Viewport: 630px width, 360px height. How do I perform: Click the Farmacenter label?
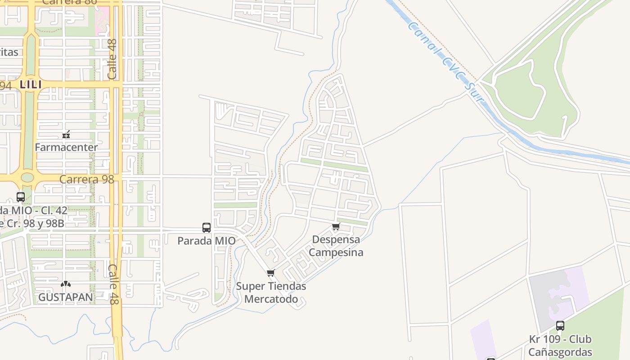(66, 147)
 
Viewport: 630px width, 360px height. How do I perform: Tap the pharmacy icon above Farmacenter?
(66, 135)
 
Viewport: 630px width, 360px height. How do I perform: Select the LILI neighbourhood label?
(31, 84)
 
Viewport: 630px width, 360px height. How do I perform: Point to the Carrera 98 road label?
(87, 179)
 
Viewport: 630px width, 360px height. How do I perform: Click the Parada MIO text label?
(206, 241)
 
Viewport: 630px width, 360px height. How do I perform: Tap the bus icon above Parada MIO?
(207, 228)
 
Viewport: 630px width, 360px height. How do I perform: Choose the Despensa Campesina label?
(336, 246)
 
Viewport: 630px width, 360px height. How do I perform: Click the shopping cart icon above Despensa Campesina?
(336, 227)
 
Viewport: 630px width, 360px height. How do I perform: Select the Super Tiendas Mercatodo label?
(271, 292)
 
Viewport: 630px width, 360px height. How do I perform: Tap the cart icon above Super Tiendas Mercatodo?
(270, 273)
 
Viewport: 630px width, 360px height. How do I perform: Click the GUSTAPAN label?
(66, 297)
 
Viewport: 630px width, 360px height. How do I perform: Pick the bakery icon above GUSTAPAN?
(66, 284)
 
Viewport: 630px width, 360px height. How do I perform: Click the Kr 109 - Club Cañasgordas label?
(560, 346)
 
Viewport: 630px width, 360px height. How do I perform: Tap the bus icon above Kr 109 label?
(560, 325)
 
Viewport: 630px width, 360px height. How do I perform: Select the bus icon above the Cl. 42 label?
(21, 197)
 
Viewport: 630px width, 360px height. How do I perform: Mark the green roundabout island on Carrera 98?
(27, 177)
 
